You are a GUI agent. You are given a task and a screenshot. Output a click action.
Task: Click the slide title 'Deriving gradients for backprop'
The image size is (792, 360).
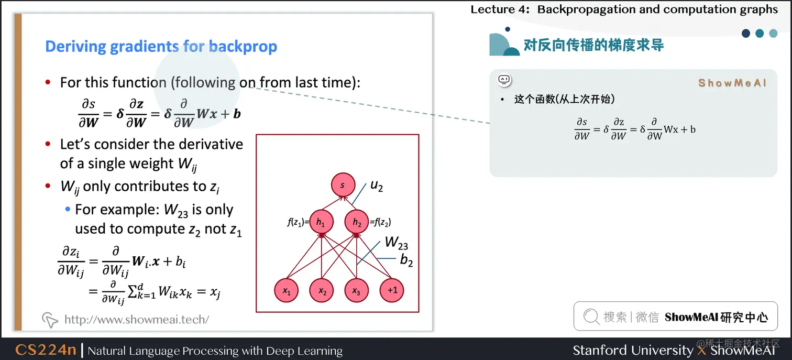point(161,46)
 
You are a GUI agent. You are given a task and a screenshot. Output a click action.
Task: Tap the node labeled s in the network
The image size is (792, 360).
point(343,186)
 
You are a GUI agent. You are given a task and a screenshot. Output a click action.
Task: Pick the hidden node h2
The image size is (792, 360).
point(357,222)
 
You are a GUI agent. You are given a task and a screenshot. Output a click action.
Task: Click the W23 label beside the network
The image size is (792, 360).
point(396,243)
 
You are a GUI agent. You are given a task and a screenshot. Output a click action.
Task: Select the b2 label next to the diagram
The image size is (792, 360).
point(406,260)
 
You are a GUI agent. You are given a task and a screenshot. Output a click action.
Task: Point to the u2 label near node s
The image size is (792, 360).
point(377,186)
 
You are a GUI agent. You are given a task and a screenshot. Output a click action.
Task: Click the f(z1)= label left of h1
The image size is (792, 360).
point(298,222)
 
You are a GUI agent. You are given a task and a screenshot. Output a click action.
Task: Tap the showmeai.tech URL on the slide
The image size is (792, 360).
point(136,319)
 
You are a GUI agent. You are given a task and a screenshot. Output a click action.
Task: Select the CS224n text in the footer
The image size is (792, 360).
point(46,350)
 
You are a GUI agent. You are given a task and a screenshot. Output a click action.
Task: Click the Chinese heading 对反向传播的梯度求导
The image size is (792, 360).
point(593,45)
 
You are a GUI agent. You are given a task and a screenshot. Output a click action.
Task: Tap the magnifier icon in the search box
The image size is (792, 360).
point(591,316)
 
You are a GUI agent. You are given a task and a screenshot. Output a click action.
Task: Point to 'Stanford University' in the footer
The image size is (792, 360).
point(632,350)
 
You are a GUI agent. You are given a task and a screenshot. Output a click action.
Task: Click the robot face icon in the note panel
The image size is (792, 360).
point(504,80)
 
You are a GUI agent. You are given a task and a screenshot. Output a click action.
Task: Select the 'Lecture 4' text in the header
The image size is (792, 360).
point(500,9)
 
